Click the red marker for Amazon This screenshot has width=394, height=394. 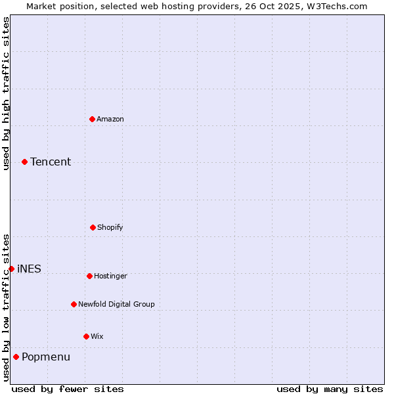pyautogui.click(x=92, y=119)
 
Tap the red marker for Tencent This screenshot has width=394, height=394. pyautogui.click(x=24, y=162)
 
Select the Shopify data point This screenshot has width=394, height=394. pyautogui.click(x=93, y=227)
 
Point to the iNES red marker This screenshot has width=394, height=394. pyautogui.click(x=11, y=269)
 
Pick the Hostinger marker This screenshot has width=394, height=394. pyautogui.click(x=89, y=276)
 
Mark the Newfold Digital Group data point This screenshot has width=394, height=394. pyautogui.click(x=74, y=304)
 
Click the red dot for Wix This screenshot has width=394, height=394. pyautogui.click(x=86, y=336)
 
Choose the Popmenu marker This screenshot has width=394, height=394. pyautogui.click(x=16, y=357)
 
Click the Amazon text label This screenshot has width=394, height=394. pyautogui.click(x=110, y=119)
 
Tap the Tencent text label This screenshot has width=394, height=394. pyautogui.click(x=51, y=162)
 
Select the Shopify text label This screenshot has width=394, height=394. pyautogui.click(x=110, y=227)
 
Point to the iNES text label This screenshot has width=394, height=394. pyautogui.click(x=29, y=269)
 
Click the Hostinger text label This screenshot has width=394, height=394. pyautogui.click(x=110, y=276)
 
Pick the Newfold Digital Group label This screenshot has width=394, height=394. pyautogui.click(x=116, y=304)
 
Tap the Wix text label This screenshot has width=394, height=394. pyautogui.click(x=97, y=336)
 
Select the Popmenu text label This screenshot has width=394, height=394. pyautogui.click(x=46, y=357)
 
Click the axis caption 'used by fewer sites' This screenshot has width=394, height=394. pyautogui.click(x=68, y=389)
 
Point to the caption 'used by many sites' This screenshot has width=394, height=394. pyautogui.click(x=330, y=389)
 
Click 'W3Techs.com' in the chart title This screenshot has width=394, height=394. pyautogui.click(x=338, y=6)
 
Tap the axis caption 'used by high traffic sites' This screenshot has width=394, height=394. pyautogui.click(x=6, y=93)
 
